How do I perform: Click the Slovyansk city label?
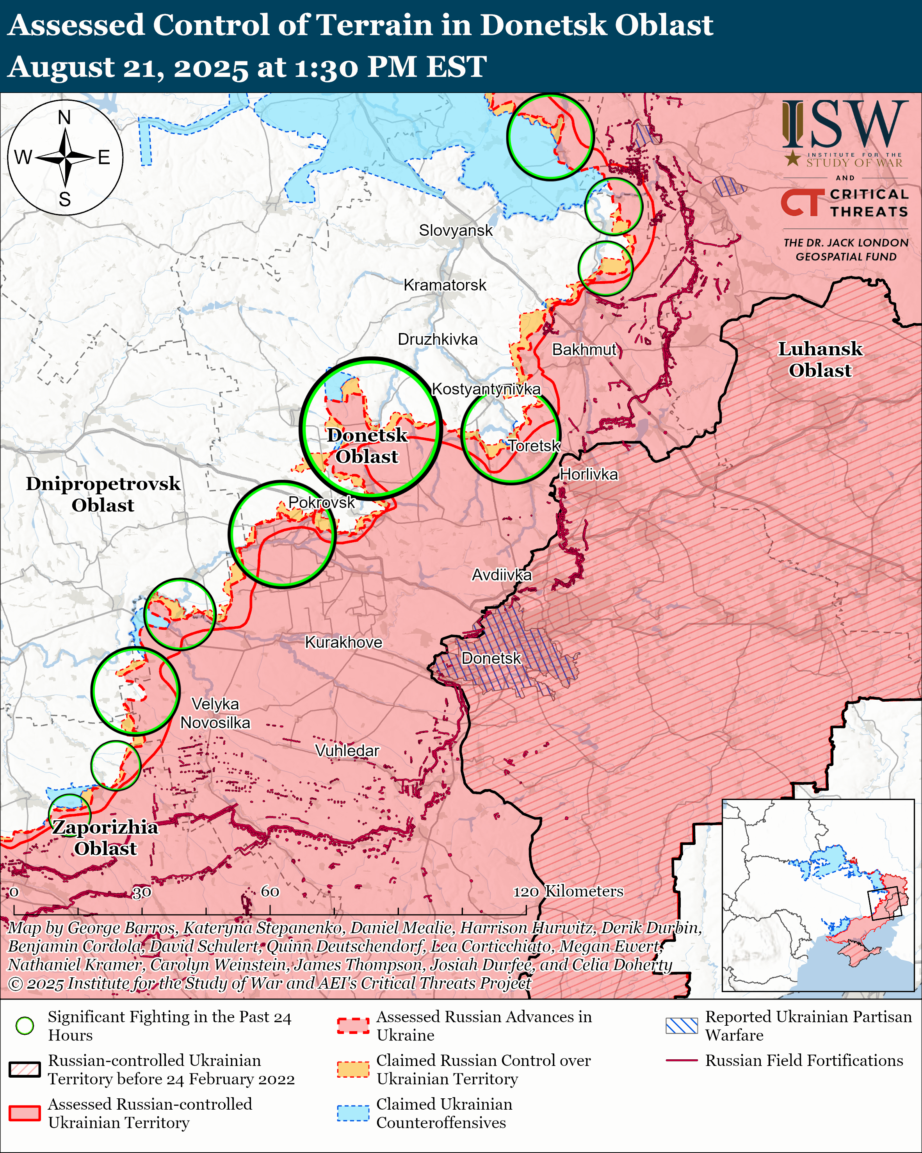tap(456, 230)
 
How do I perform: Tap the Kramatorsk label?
tap(445, 285)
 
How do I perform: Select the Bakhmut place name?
tap(584, 350)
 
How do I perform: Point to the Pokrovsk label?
tap(321, 502)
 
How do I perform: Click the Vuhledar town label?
tap(347, 751)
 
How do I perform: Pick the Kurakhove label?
tap(343, 642)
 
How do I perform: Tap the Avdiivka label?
tap(501, 575)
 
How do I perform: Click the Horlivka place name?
tap(589, 474)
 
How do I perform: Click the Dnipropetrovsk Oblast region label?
tap(103, 494)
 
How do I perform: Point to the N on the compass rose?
tap(64, 118)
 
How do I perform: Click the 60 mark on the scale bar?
tap(270, 891)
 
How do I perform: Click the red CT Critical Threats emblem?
tap(800, 203)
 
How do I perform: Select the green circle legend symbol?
tap(25, 1026)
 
